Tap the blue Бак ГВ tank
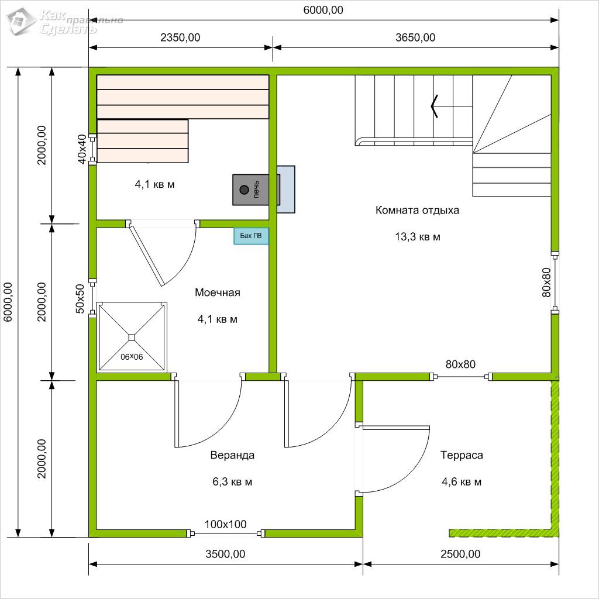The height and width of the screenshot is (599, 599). point(251,236)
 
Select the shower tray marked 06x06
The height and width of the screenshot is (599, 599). point(132,336)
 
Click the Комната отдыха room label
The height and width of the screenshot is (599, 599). point(417,210)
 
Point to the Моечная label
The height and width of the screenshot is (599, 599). point(218,292)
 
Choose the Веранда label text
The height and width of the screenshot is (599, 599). point(232,455)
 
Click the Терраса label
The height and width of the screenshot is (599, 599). point(462,455)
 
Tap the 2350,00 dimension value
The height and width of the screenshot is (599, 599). point(180,37)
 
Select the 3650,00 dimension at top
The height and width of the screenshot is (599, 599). point(415,37)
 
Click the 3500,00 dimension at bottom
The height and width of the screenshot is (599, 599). point(225,554)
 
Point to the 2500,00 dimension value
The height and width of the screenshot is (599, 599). point(460,554)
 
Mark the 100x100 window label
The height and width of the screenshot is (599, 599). point(225,524)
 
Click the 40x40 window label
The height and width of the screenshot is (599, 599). point(82,149)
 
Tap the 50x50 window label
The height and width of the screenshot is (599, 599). point(80,299)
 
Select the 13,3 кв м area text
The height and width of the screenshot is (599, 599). point(418,237)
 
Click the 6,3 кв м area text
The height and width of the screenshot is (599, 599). point(232,482)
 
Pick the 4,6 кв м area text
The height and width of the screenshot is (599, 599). point(462,482)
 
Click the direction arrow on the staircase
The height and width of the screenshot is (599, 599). point(435,106)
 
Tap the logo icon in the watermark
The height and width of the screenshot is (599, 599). point(22,21)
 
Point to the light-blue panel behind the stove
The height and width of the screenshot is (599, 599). point(286,189)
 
